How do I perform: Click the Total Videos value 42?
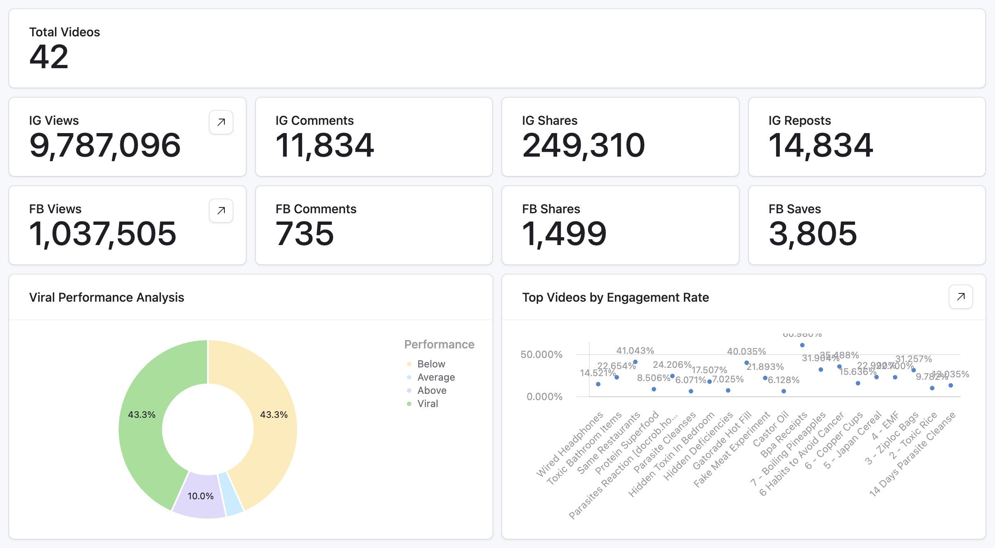[x=49, y=57]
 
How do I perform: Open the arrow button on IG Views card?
[x=221, y=122]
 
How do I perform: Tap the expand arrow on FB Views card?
[x=221, y=211]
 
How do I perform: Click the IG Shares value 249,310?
[x=583, y=145]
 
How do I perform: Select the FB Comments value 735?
[x=305, y=234]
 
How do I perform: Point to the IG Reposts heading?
[x=799, y=120]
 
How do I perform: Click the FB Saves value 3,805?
[x=813, y=234]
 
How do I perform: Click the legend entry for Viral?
[x=427, y=404]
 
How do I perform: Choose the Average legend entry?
[x=436, y=377]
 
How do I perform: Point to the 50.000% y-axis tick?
[x=541, y=355]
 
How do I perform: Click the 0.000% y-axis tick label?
[x=544, y=397]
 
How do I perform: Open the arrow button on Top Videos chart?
[x=960, y=297]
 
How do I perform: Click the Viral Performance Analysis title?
[x=107, y=298]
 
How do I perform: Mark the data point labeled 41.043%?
[x=635, y=362]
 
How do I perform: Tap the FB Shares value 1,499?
[x=564, y=234]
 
